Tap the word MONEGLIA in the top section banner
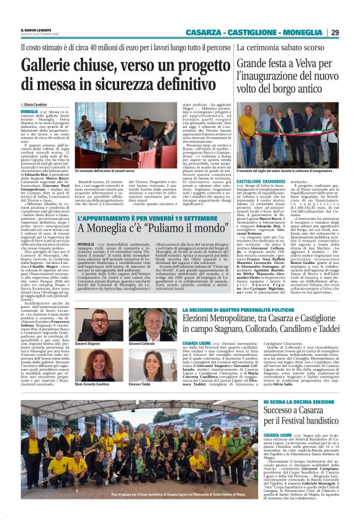tap(301, 33)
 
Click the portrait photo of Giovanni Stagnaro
tap(89, 327)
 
